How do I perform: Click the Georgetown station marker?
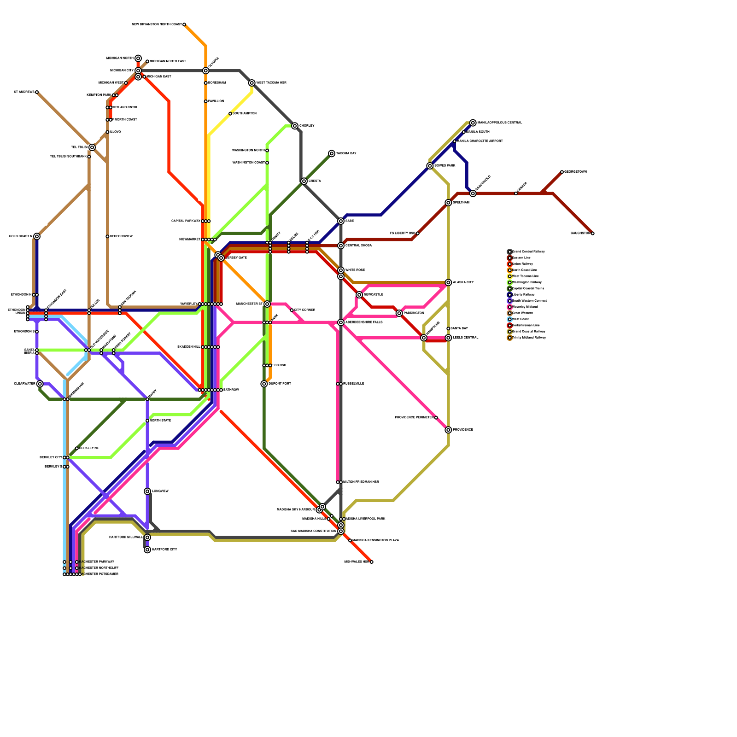[x=562, y=172]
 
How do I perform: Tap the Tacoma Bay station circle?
[x=332, y=153]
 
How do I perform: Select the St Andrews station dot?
[x=37, y=92]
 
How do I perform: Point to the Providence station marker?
[x=448, y=430]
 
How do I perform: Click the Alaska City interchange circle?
[x=448, y=282]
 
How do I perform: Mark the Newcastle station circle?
[x=359, y=295]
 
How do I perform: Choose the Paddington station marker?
[x=399, y=313]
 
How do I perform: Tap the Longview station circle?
[x=147, y=491]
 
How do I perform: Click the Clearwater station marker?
[x=40, y=384]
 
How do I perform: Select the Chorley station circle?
[x=295, y=126]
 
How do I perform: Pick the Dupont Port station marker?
[x=264, y=384]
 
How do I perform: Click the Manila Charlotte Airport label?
[x=480, y=141]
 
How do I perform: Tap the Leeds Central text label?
[x=465, y=338]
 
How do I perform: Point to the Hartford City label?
[x=164, y=550]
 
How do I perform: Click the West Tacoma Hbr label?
[x=271, y=83]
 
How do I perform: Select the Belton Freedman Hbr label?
[x=361, y=482]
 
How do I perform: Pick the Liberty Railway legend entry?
[x=523, y=294]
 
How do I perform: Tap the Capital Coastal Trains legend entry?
[x=528, y=288]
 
